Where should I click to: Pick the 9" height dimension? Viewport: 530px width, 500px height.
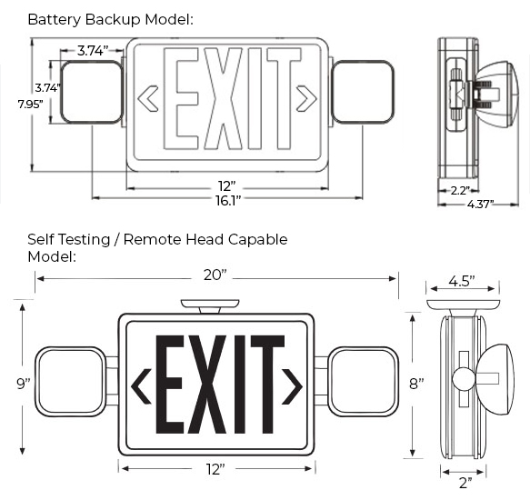click(24, 383)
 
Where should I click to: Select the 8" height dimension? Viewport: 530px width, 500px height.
click(415, 384)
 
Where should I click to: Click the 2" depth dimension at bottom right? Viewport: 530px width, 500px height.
click(465, 483)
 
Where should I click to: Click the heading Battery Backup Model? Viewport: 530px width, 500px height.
click(110, 18)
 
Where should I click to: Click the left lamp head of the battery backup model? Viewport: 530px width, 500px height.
click(92, 92)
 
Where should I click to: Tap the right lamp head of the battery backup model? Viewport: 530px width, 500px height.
click(363, 92)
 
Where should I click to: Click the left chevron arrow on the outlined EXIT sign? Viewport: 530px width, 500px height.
click(147, 97)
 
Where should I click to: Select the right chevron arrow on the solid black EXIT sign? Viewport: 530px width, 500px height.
click(291, 385)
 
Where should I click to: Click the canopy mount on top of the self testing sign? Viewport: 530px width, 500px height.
click(210, 305)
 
